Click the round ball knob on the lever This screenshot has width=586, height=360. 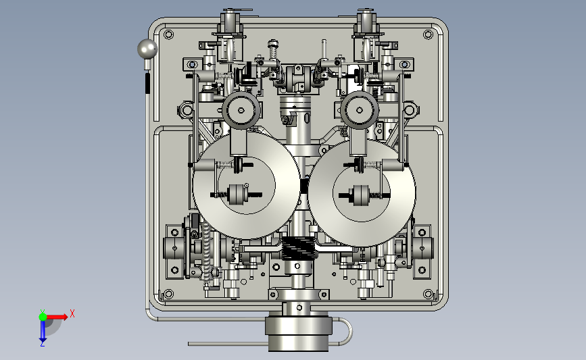click(147, 49)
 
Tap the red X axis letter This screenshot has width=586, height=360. click(72, 313)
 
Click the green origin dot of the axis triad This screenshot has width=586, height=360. click(43, 317)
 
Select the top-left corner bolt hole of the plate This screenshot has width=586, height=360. click(168, 34)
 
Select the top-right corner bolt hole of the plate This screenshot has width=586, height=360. click(429, 34)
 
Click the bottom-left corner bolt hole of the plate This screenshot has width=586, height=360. click(168, 294)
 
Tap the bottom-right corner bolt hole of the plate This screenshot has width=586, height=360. click(429, 294)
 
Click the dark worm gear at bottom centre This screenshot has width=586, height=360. click(298, 249)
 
